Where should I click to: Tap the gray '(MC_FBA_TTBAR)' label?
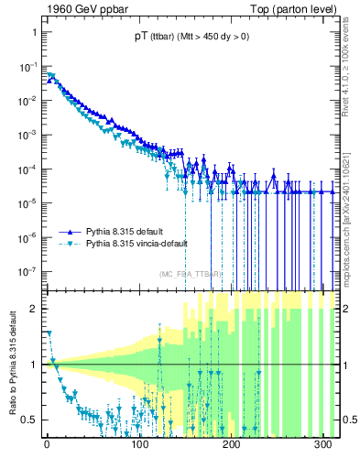pos(191,274)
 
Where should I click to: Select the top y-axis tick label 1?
pos(32,31)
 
